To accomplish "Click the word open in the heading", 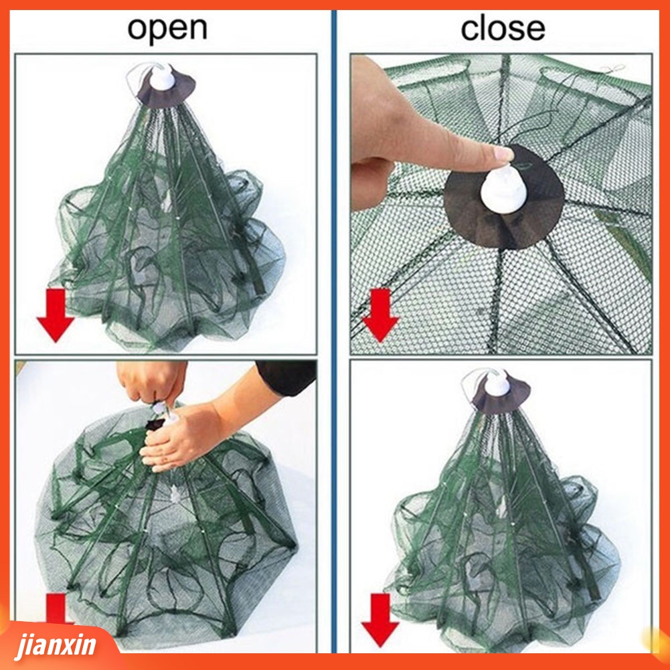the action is click(167, 29).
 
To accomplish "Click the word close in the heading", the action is click(503, 29).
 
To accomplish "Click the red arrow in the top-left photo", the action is click(56, 315).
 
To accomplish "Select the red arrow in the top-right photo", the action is click(380, 315).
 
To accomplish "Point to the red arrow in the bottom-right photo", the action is click(380, 620).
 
